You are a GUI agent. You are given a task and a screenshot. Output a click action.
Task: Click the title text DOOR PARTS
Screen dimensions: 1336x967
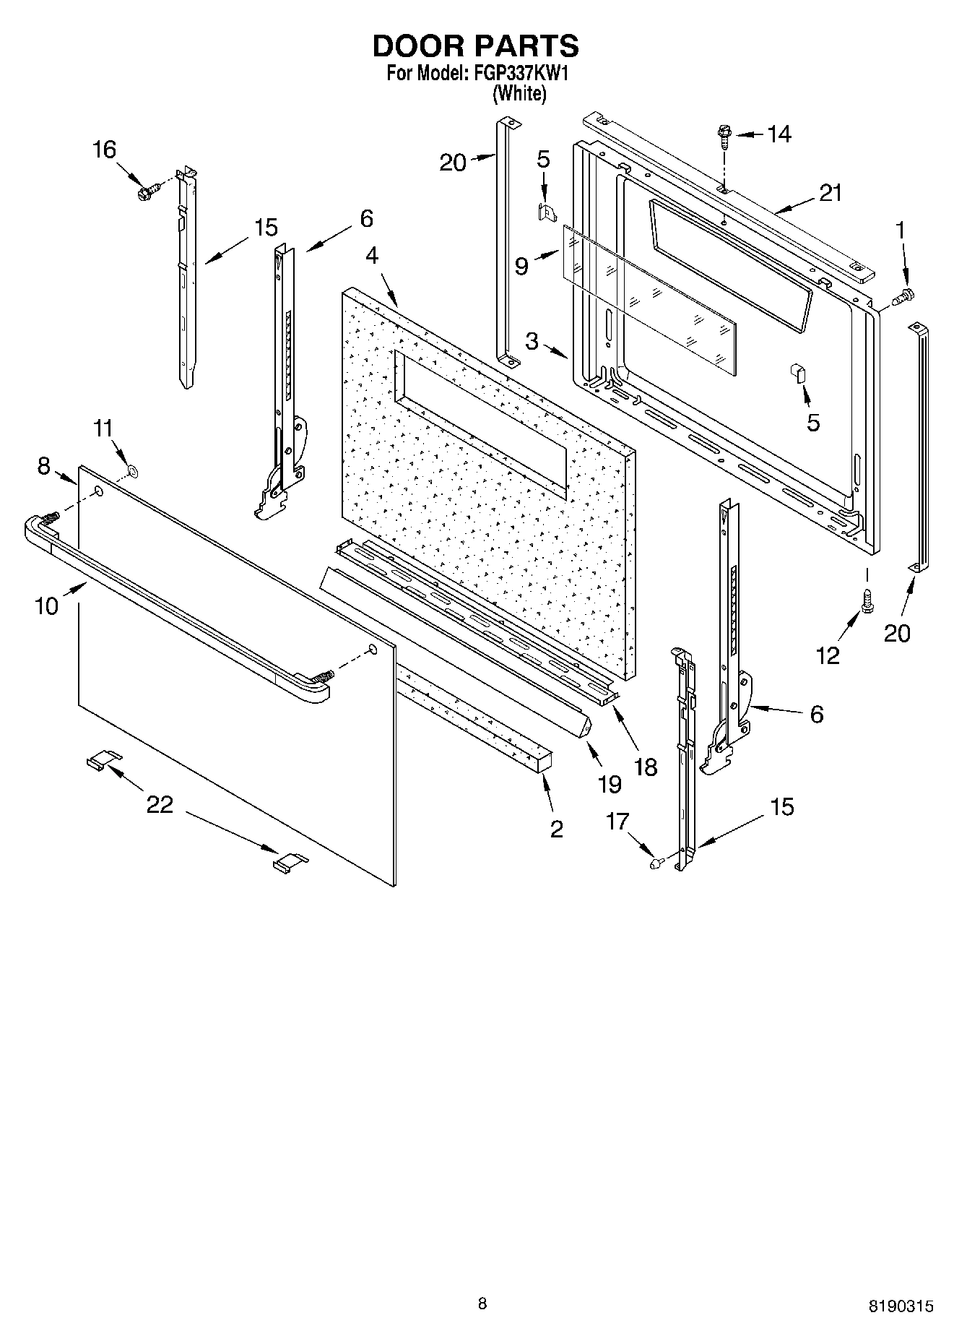[475, 46]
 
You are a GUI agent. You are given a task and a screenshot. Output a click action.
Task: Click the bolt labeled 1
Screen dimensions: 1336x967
[903, 295]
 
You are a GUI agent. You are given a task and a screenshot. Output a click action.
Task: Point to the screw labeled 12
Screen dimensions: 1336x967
[867, 600]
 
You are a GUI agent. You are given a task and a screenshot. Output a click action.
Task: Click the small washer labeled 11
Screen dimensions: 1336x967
[132, 472]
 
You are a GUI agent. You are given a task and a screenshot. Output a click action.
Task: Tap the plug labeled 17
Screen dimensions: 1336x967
[656, 862]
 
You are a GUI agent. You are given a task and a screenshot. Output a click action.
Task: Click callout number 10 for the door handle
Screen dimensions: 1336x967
[46, 605]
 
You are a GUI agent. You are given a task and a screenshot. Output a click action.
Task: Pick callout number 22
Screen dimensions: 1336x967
[160, 804]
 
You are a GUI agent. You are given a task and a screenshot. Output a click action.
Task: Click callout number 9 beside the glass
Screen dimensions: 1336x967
[521, 267]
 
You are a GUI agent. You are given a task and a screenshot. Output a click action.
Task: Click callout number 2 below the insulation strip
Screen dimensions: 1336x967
[556, 829]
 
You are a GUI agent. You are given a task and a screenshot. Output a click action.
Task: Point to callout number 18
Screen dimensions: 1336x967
[645, 767]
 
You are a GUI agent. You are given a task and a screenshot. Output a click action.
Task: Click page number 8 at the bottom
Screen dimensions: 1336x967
[482, 1303]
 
